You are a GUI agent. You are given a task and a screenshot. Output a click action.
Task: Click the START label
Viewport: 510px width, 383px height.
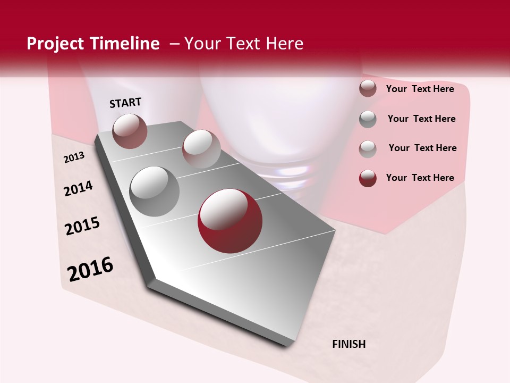[x=125, y=103]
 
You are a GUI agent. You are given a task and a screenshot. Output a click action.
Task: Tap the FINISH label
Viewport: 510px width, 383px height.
[x=349, y=344]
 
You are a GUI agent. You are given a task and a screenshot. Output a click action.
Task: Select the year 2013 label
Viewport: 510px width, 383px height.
[x=74, y=157]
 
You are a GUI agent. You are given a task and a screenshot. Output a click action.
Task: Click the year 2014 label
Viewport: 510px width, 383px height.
[x=78, y=189]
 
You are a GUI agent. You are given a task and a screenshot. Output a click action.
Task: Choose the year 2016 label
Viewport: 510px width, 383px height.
[x=90, y=269]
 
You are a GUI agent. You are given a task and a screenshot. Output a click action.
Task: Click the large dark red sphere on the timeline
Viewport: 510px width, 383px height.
[x=230, y=221]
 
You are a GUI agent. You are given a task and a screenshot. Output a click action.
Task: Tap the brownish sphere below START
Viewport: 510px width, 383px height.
[x=130, y=131]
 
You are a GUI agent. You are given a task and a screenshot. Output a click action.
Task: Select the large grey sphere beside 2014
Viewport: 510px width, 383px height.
[x=155, y=191]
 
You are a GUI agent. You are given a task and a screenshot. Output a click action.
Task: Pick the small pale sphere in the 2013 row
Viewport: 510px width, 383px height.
[x=201, y=148]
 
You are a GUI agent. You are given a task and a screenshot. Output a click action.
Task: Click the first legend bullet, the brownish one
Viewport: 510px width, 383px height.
[x=368, y=89]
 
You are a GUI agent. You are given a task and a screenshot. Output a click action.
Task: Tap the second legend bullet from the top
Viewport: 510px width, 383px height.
[x=368, y=119]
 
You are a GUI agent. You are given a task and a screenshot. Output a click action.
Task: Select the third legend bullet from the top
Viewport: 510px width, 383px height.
[x=368, y=149]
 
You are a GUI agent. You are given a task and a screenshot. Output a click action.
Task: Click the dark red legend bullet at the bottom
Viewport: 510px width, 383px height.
[x=368, y=178]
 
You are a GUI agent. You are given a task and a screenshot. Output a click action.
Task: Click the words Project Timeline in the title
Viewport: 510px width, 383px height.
[x=93, y=44]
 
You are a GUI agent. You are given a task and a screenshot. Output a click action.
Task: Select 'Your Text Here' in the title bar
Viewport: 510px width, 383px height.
[x=244, y=44]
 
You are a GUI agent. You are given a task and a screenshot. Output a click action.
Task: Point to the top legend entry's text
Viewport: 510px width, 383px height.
[x=420, y=89]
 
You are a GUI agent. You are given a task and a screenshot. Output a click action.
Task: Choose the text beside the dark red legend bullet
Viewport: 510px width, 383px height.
[x=420, y=178]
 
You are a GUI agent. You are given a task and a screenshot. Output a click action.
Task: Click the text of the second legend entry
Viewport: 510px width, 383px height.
[x=421, y=119]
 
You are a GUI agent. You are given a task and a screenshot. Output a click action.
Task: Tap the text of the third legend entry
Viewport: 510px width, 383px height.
[x=422, y=148]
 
